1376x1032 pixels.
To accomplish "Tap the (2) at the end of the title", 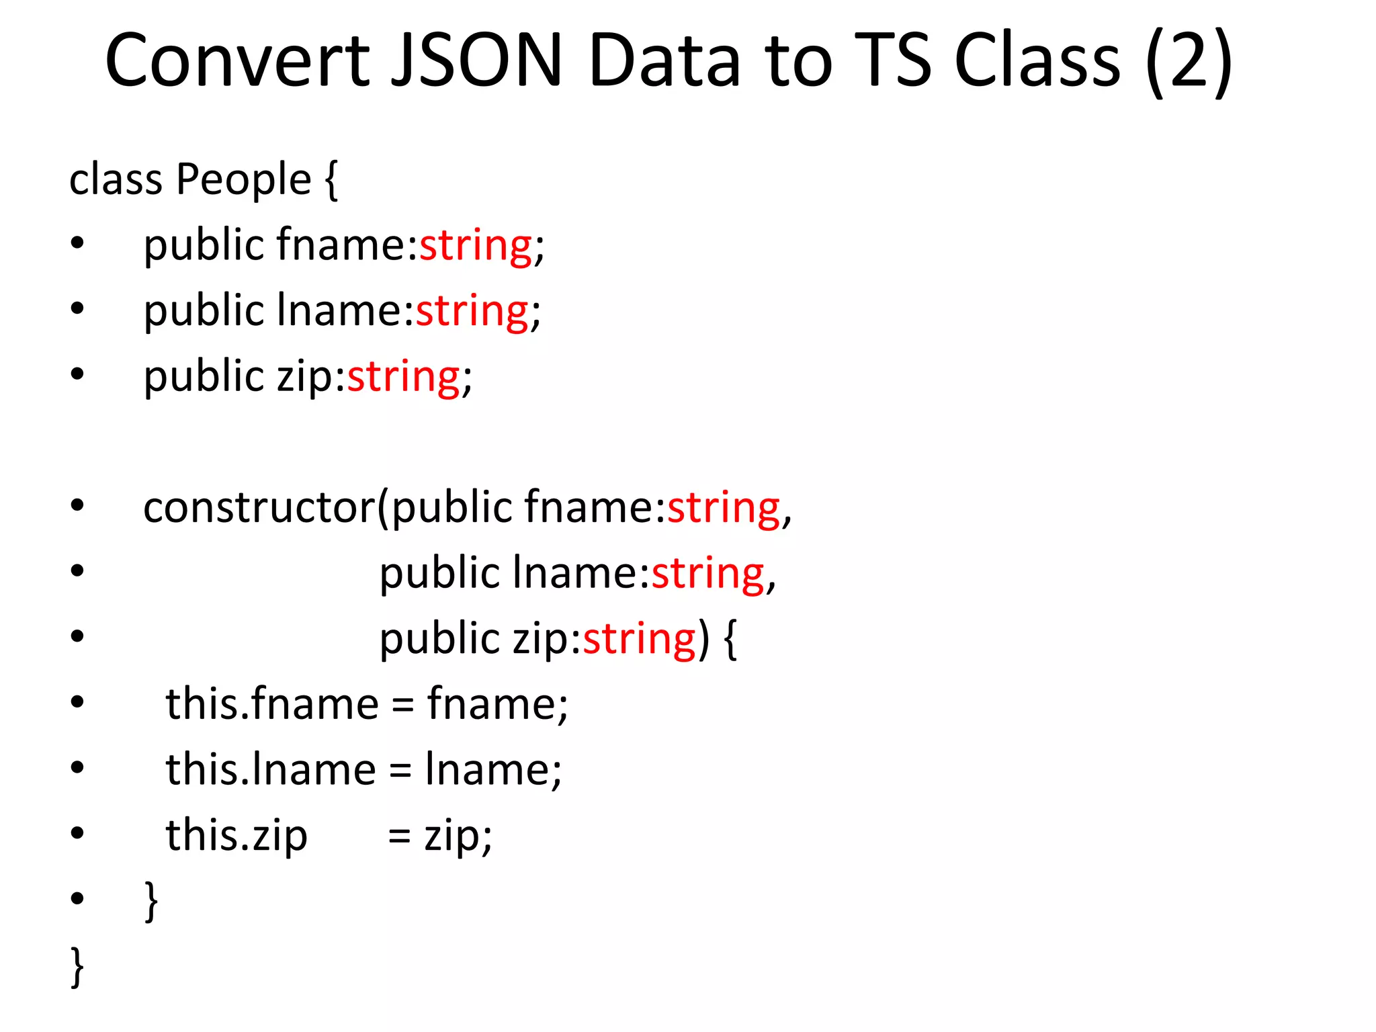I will click(1189, 62).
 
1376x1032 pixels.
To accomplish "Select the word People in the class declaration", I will click(243, 180).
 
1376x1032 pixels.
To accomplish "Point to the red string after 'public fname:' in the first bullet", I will click(476, 246).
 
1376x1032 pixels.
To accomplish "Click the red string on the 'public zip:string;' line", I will click(403, 378).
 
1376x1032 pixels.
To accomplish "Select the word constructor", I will click(259, 507).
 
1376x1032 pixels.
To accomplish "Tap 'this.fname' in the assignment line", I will click(272, 704).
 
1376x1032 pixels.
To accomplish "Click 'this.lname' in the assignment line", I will click(270, 769).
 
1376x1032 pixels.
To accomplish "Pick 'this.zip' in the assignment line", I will click(236, 836).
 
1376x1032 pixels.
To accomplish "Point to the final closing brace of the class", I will click(77, 966).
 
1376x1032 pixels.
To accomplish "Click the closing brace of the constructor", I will click(152, 900).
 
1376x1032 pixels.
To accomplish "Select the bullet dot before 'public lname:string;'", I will click(77, 309).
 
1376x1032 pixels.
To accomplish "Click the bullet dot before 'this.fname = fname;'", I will click(77, 702).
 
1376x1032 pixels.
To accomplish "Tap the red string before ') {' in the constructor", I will click(639, 639).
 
